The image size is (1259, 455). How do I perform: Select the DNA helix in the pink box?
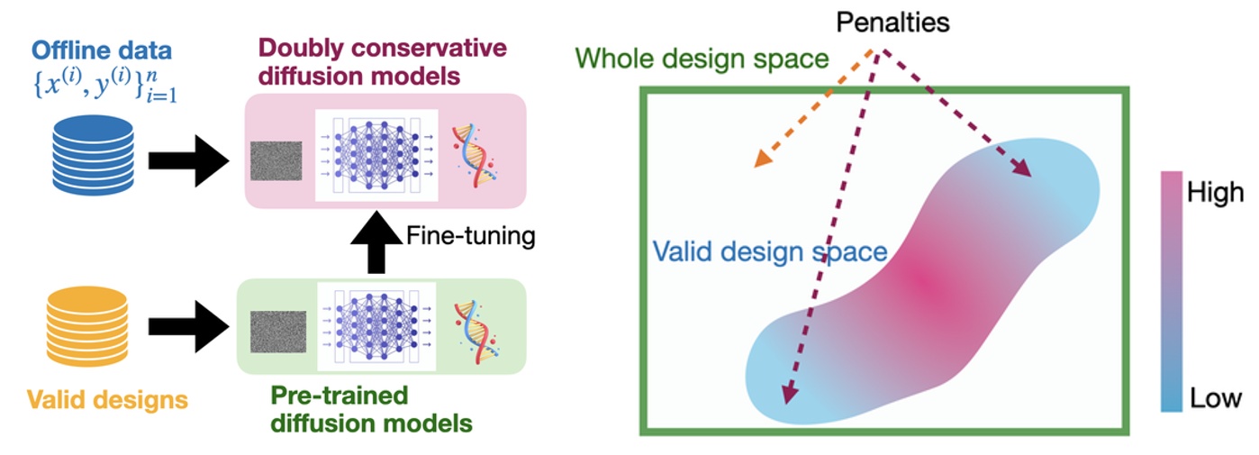point(472,154)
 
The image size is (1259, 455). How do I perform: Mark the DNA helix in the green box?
point(472,326)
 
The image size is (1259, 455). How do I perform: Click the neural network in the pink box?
point(376,154)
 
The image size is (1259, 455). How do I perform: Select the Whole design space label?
point(702,60)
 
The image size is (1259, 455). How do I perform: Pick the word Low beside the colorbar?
point(1215,397)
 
